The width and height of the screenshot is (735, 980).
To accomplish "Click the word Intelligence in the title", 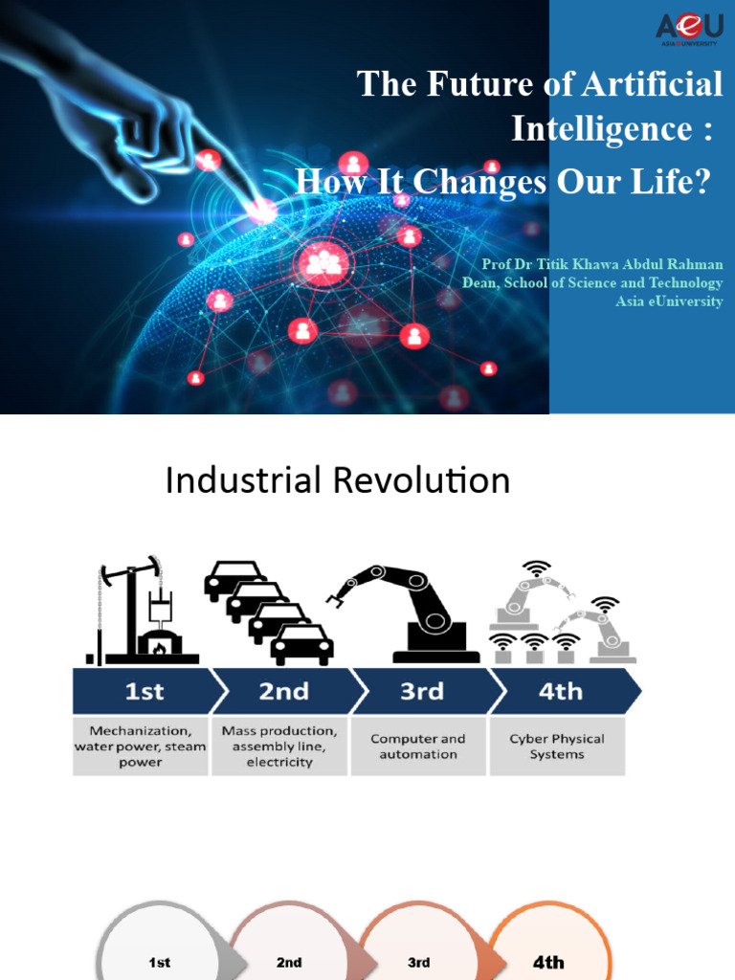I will [x=612, y=127].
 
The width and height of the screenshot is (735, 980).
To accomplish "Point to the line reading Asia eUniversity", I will [x=669, y=301].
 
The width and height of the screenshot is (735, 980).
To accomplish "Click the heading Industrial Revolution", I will [x=337, y=480].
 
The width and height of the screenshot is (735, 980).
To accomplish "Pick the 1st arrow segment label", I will [x=144, y=691].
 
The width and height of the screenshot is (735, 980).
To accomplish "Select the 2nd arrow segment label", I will [x=284, y=691].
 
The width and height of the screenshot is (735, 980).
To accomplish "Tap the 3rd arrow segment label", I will [x=421, y=691].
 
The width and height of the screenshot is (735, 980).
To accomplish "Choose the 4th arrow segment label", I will [x=560, y=691].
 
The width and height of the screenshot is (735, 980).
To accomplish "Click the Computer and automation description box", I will [x=418, y=746].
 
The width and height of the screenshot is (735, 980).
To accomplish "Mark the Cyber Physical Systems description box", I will [x=557, y=746].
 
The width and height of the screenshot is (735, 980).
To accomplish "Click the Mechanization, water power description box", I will [x=141, y=746].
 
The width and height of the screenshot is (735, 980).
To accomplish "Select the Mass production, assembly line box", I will [x=279, y=746].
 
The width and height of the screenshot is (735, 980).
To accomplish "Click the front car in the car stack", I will [x=301, y=646].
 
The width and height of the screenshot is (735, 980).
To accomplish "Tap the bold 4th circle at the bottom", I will [x=547, y=961].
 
